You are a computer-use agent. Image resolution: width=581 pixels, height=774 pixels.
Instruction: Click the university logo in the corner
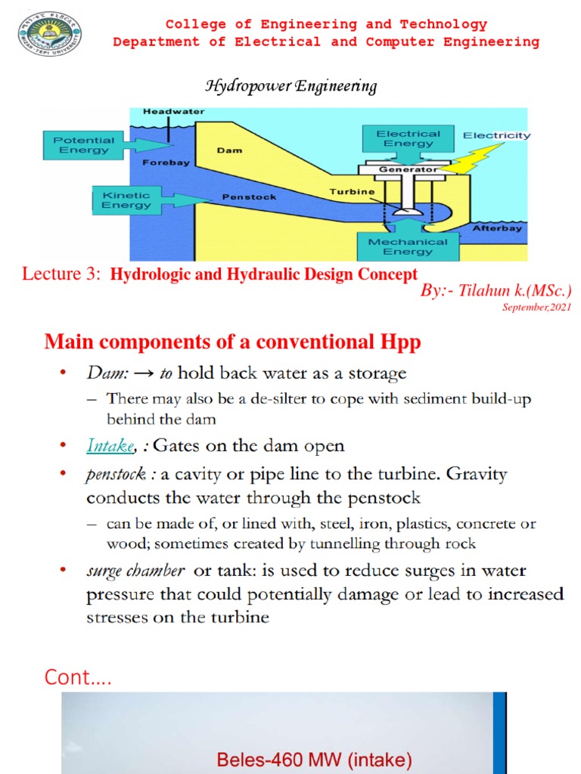point(50,34)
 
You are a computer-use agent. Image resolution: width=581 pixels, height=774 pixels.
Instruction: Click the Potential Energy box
point(85,145)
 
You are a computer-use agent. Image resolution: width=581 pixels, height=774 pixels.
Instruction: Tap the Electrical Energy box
point(408,139)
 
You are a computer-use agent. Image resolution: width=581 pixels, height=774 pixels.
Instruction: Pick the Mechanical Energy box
point(408,246)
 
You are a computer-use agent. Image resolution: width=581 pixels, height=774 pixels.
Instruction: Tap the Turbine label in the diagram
point(352,192)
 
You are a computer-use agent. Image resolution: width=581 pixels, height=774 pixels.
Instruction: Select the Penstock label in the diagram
point(249,197)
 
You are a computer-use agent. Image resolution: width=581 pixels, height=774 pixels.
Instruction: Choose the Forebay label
point(165,163)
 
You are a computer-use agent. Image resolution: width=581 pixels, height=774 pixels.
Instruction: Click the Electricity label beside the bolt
point(496,136)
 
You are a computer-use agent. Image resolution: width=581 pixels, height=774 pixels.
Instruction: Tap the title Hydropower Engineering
point(291,86)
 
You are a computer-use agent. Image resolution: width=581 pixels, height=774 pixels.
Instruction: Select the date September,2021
point(538,307)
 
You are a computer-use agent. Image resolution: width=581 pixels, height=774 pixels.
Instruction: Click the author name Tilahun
point(483,291)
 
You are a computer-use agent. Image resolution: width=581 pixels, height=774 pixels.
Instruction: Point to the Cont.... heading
point(78,677)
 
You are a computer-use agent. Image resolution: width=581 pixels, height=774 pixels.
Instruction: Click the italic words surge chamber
point(135,570)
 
